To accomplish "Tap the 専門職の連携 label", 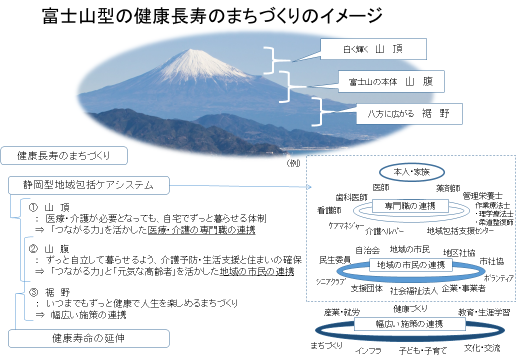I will [x=405, y=204].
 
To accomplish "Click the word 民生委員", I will [x=333, y=259].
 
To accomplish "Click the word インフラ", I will [x=369, y=351].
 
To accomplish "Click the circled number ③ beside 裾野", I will [x=32, y=291].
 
